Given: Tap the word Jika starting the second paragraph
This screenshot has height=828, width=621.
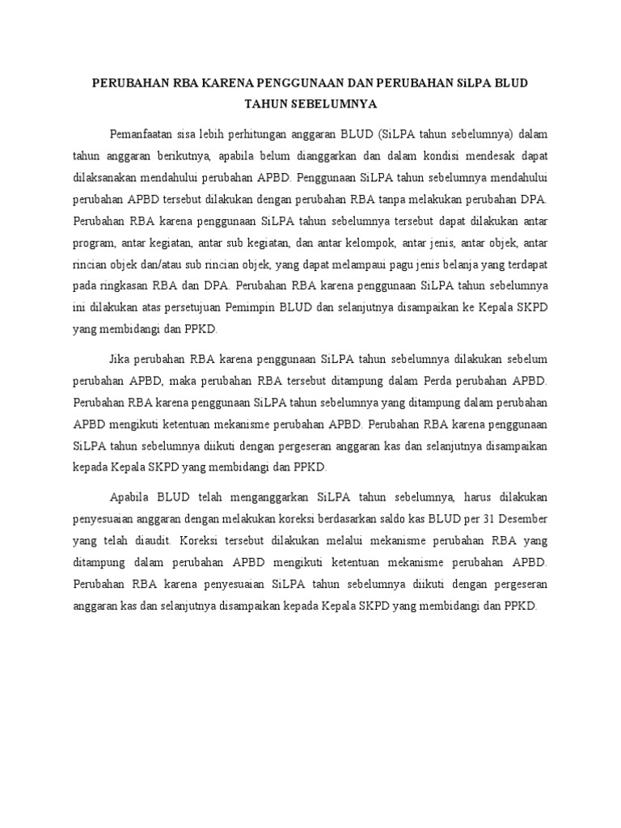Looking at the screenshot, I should pyautogui.click(x=119, y=358).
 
